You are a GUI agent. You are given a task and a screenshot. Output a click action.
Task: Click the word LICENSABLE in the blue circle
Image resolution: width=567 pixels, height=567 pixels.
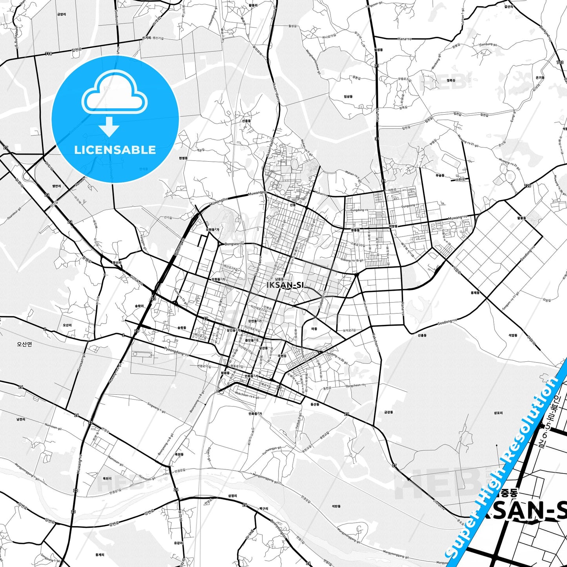point(115,149)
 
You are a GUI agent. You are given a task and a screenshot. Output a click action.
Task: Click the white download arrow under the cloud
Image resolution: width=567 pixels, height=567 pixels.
point(109,126)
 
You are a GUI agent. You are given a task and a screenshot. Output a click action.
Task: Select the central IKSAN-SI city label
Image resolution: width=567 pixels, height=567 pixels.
point(285,285)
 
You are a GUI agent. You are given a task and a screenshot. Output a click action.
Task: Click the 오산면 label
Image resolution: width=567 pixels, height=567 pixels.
point(24,344)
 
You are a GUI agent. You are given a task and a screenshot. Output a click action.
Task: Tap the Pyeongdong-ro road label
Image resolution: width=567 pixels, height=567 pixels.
point(176,351)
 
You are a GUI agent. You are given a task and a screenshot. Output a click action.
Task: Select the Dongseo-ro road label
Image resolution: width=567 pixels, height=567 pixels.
point(234,244)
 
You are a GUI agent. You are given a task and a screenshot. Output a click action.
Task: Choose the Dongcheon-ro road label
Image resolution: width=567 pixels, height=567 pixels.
point(355,386)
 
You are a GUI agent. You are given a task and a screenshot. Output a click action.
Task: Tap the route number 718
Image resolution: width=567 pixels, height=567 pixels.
point(48,53)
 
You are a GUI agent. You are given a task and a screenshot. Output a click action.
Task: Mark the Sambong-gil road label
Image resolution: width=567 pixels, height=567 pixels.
point(488,45)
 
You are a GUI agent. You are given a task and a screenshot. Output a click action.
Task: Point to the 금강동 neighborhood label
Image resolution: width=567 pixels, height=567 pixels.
point(388,412)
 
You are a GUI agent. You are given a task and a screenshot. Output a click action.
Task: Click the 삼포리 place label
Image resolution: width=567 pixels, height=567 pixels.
point(498,413)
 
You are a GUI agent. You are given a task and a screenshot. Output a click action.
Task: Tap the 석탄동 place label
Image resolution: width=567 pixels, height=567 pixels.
point(336,506)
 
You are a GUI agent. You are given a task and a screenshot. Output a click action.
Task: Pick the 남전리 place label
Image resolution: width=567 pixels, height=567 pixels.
point(21,419)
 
